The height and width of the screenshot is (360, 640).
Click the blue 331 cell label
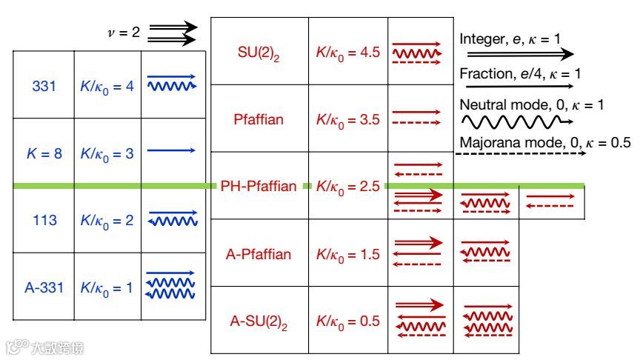pos(44,86)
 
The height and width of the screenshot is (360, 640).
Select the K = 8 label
pos(44,153)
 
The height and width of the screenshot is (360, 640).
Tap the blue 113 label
pos(44,220)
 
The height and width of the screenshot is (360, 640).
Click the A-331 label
pos(44,287)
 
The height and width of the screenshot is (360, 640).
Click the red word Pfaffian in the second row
pos(259,119)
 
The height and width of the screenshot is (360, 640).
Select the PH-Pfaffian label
pos(259,187)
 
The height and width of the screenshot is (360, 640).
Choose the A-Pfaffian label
pos(259,254)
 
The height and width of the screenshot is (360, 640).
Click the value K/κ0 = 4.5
pos(347,53)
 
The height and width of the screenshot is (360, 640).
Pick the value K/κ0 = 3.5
pos(347,119)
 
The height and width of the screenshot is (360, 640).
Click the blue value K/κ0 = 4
pos(107,86)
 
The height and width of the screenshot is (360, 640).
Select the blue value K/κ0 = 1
pos(107,287)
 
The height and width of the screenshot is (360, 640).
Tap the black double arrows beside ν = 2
pos(173,33)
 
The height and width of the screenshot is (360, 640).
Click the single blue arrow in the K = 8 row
pos(171,151)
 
